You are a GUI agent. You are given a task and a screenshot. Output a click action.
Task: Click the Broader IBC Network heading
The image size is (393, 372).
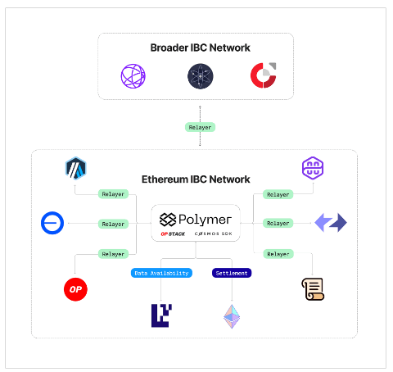(x=200, y=48)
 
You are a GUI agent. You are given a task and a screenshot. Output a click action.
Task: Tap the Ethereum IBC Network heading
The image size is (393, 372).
(x=196, y=179)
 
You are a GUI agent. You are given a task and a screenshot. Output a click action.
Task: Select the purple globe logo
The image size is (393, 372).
(x=133, y=76)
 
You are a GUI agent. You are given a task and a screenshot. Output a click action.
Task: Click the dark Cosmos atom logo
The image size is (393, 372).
(x=201, y=76)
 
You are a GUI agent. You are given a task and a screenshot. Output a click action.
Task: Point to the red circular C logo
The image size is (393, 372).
(x=264, y=75)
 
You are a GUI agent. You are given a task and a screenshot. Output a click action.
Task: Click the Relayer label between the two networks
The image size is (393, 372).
(x=200, y=127)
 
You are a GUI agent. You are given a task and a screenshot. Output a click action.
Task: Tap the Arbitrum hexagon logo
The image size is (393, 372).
(x=76, y=168)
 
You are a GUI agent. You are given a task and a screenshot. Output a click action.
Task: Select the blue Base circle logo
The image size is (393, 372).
(x=52, y=223)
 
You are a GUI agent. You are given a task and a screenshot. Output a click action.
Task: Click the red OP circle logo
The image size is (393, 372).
(x=75, y=289)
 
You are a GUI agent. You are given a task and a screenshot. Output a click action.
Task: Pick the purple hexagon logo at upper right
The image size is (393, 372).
(x=313, y=168)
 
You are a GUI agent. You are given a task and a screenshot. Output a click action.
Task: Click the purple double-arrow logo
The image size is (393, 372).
(x=331, y=223)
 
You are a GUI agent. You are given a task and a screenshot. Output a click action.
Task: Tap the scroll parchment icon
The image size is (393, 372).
(x=313, y=289)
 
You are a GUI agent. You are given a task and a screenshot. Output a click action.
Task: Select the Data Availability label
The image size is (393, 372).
(x=161, y=273)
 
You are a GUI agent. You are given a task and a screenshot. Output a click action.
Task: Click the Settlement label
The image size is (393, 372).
(x=232, y=273)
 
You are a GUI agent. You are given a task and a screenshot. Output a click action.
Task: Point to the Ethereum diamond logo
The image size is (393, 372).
(x=232, y=316)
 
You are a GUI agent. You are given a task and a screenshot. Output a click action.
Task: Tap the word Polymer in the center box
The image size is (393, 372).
(x=205, y=220)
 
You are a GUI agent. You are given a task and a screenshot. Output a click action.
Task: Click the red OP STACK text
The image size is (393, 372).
(x=173, y=234)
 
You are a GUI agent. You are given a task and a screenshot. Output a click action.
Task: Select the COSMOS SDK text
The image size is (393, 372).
(x=214, y=234)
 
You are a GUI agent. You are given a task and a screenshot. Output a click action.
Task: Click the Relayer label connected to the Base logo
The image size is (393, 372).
(x=113, y=224)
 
